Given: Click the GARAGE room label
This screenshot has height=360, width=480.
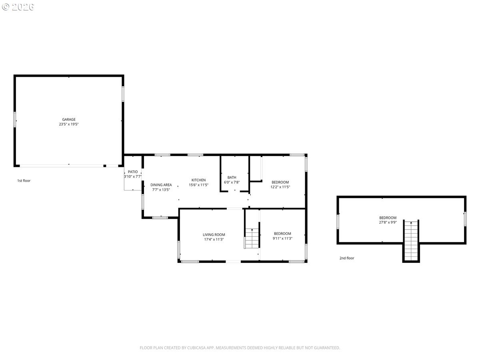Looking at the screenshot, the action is pos(69,119).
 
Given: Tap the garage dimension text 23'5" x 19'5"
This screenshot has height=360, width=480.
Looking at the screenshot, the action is pos(69,124).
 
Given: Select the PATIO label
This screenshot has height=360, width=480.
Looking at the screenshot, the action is pos(133,172).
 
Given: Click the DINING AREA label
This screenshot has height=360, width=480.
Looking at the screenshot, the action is pos(161,185).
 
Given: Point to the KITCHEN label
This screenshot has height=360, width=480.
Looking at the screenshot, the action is pos(198,180).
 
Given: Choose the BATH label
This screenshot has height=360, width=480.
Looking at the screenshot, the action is pos(232,178).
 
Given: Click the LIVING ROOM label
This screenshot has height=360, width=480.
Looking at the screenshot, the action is pos(214,235).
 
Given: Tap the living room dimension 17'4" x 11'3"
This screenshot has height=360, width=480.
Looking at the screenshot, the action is pos(214,239).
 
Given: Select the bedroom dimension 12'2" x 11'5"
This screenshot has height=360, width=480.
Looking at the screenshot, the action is pos(280,187).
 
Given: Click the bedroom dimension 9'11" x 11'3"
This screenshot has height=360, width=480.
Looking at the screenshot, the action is pos(282,238).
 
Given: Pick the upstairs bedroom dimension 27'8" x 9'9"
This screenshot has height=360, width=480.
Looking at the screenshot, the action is pos(388,222).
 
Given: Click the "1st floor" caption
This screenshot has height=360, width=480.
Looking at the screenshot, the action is pos(24,181).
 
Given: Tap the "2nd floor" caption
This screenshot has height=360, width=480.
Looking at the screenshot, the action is pos(347,258).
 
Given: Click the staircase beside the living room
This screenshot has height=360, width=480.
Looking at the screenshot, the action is pos(252,238).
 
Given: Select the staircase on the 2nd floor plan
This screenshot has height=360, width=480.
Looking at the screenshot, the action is pos(411,241).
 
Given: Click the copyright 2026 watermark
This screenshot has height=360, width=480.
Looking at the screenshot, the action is pos(18,7).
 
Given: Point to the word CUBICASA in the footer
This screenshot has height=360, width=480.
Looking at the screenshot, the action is pos(196,348).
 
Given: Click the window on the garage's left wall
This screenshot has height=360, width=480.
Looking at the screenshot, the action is pos(15,119).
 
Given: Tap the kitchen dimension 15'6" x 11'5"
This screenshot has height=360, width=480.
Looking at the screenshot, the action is pos(198,185).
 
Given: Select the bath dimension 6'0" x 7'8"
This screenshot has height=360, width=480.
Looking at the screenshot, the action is pos(232,182).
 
